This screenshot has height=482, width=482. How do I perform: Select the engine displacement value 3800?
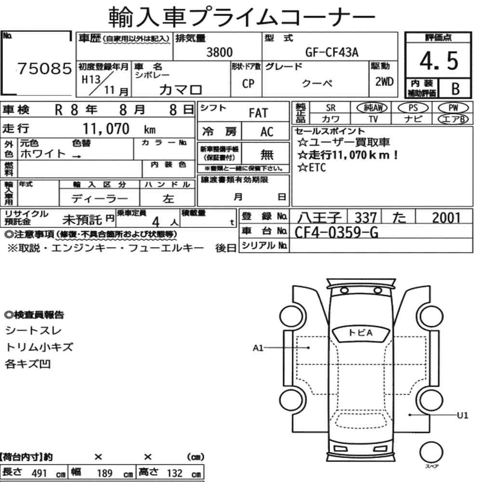pos(219,53)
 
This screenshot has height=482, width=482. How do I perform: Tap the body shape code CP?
pos(248,84)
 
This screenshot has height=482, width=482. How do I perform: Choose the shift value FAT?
pos(258,113)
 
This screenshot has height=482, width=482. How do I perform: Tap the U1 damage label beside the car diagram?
pos(462,414)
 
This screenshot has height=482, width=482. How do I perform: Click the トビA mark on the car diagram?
pos(361,332)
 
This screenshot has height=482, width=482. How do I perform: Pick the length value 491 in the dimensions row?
pos(39,473)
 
